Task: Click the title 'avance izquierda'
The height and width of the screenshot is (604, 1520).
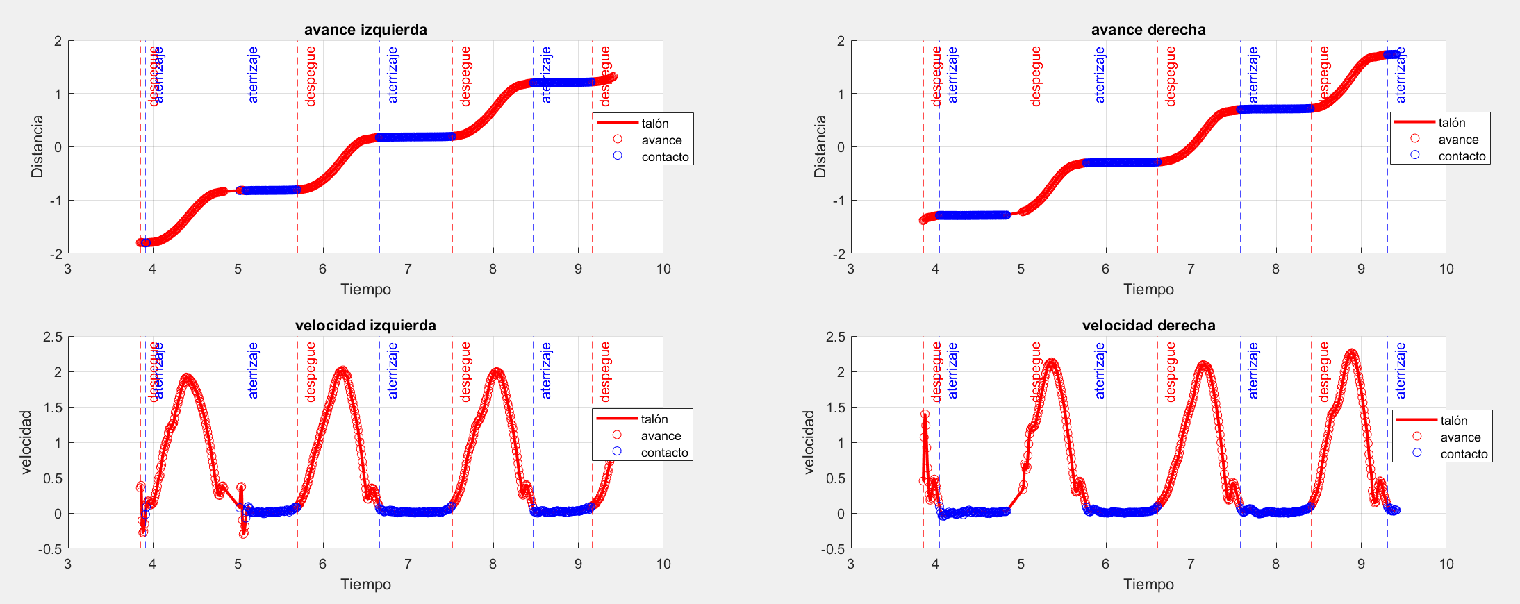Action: coord(365,30)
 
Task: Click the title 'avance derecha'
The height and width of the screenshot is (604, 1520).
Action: coord(1148,30)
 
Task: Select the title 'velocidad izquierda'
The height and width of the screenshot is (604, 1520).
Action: coord(365,326)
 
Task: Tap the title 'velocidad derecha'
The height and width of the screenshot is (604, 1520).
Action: coord(1148,326)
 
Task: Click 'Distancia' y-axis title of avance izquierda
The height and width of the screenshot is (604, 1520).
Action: coord(37,146)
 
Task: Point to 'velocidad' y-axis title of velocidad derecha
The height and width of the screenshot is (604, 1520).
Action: coord(808,442)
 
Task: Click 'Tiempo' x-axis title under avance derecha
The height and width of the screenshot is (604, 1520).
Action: coord(1148,290)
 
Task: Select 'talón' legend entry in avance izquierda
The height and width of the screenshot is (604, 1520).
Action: coord(654,124)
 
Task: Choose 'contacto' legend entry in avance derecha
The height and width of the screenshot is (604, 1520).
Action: coord(1462,156)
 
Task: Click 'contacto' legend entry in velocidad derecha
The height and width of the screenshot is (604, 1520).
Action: coord(1464,454)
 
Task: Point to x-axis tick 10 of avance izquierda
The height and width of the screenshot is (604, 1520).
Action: coord(663,269)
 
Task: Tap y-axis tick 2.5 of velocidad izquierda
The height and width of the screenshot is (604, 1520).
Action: coord(53,337)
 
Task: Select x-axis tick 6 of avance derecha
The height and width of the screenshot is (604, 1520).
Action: coord(1105,269)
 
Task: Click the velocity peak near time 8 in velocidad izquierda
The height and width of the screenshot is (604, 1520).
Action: coord(496,371)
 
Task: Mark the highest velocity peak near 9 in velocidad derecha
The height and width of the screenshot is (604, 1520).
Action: coord(1351,353)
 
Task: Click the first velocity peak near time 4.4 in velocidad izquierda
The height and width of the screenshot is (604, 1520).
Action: coord(187,377)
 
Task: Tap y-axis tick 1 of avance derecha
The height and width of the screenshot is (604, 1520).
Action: coord(841,94)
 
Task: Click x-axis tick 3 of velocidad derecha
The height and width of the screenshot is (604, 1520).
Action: coord(850,564)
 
